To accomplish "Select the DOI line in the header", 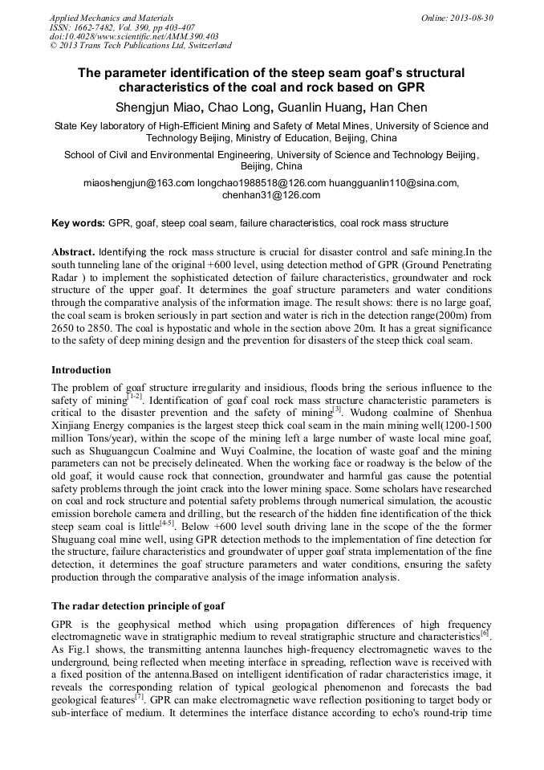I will [x=133, y=37].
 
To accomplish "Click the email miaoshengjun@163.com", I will [x=139, y=183].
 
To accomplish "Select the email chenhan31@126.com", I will [x=271, y=194].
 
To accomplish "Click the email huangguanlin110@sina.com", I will [x=394, y=183].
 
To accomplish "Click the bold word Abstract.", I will [x=74, y=251].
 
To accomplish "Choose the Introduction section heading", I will [x=81, y=370].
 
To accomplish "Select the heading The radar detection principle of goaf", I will [x=138, y=605].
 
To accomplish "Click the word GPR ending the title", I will [x=408, y=87].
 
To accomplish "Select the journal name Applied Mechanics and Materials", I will [x=111, y=18].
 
